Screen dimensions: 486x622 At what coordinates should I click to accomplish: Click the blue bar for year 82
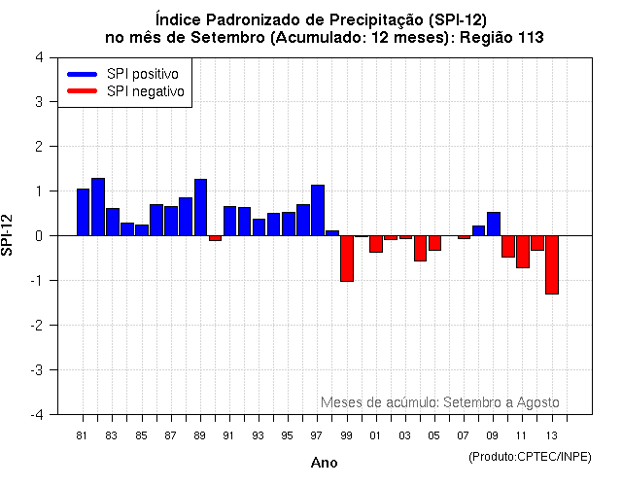98,207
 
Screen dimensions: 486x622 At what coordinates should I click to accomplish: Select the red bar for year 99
347,258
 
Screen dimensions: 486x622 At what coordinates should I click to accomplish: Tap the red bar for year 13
552,264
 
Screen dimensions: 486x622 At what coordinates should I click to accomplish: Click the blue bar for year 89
200,207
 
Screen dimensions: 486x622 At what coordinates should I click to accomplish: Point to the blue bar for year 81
84,212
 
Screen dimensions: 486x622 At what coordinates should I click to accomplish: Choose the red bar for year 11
523,251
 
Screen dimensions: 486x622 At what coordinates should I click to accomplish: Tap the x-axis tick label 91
229,434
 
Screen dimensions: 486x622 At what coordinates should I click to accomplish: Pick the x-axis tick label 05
434,434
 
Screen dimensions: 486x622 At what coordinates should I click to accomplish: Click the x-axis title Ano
324,463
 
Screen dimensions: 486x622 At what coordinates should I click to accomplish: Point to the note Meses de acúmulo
439,402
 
